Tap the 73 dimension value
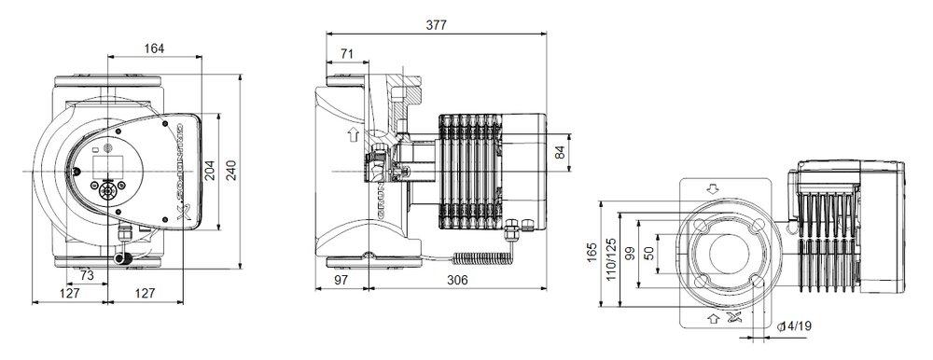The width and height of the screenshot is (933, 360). point(86,277)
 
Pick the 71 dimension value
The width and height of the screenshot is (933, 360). point(347,55)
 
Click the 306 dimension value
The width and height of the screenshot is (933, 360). point(456,280)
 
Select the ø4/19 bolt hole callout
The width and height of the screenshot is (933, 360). point(793,325)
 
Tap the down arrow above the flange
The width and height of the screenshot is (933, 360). point(715,188)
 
